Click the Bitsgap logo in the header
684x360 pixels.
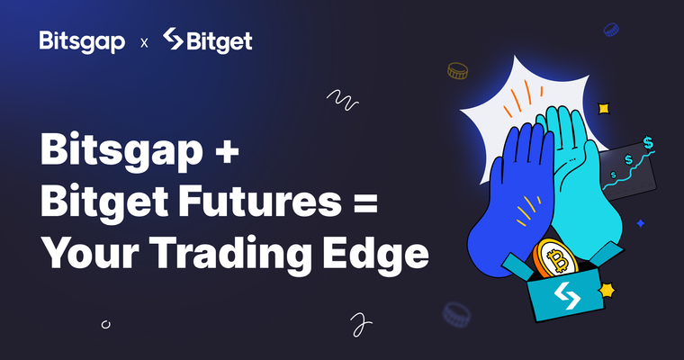click(82, 41)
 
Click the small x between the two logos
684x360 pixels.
click(145, 42)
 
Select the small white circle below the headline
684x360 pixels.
click(106, 321)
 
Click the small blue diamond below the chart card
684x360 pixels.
click(640, 221)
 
